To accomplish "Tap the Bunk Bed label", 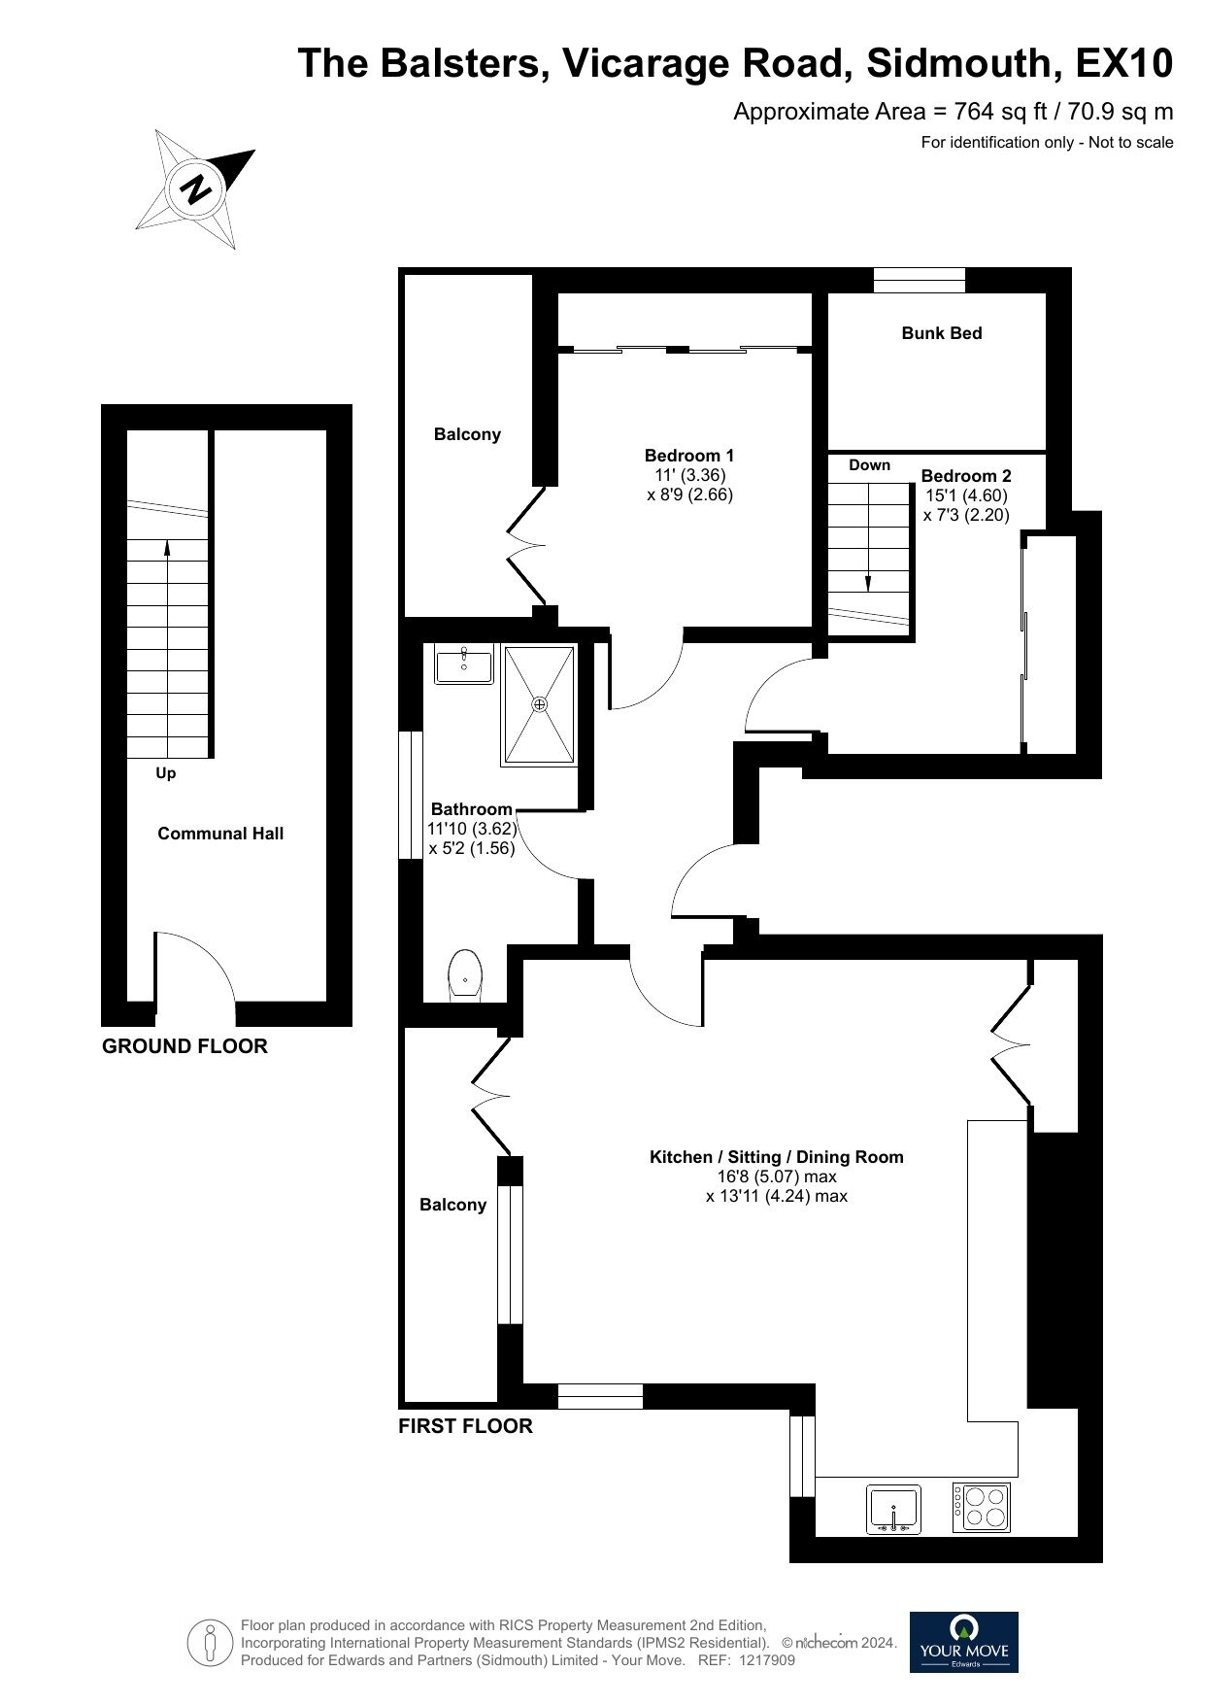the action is [x=941, y=333].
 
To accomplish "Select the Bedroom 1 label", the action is [x=689, y=456].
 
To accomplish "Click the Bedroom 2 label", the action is [x=966, y=476].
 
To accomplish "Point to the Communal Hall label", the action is [x=220, y=834].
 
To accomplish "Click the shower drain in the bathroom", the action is [x=539, y=703].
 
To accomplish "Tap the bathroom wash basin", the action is [x=464, y=665].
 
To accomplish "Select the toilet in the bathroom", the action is [x=466, y=973].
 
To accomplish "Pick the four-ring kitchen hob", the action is [x=981, y=1508].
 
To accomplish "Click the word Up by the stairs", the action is [x=166, y=774].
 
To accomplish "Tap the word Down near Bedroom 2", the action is [x=869, y=465].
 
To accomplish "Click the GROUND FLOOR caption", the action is [x=184, y=1046].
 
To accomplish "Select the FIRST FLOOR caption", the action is [x=466, y=1426].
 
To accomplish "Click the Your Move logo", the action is [x=964, y=1642].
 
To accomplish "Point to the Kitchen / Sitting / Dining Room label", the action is [x=777, y=1157].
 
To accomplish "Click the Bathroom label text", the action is [x=472, y=809].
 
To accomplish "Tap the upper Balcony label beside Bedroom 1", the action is [x=467, y=434].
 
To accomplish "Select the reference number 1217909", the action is [x=767, y=1660].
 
